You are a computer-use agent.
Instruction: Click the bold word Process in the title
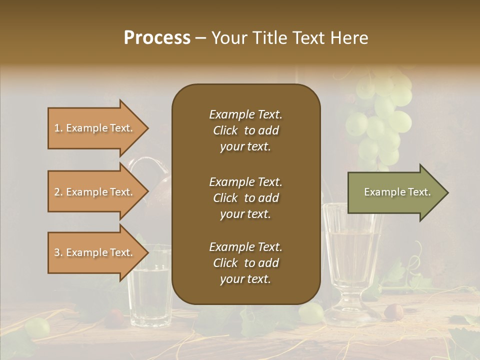(157, 38)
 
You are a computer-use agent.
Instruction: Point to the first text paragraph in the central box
(245, 130)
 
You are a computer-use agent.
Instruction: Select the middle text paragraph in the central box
(245, 198)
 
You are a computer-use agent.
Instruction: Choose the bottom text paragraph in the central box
(245, 263)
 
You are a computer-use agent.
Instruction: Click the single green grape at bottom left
(37, 327)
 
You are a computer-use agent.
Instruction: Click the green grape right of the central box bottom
(311, 312)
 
